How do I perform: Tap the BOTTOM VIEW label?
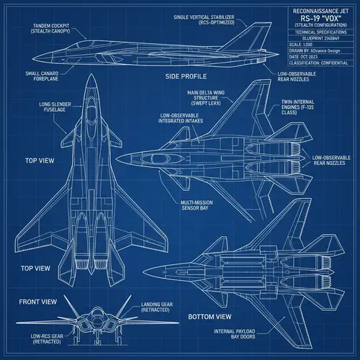pos(210,316)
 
